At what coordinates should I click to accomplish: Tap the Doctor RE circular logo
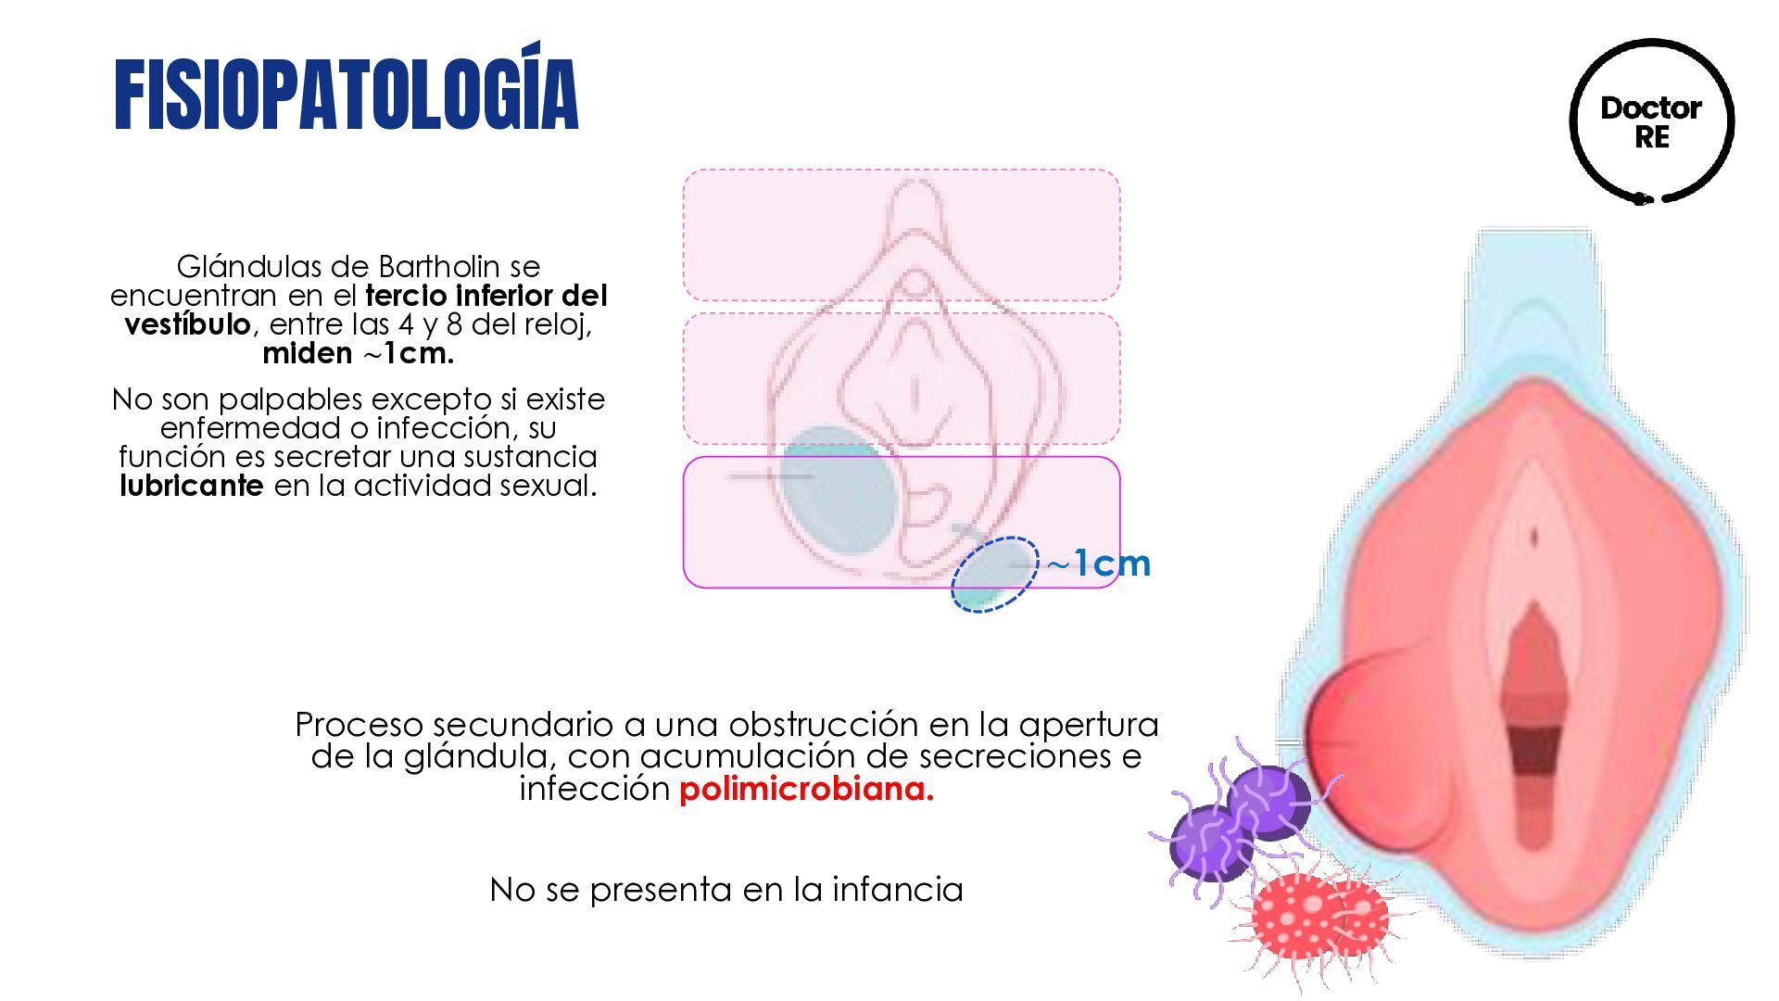point(1651,121)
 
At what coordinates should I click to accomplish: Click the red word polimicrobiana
point(806,790)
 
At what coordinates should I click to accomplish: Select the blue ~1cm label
point(1099,564)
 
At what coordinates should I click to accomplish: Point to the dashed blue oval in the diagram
point(994,574)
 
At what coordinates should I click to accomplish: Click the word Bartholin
point(440,267)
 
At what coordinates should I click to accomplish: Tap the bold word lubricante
point(192,486)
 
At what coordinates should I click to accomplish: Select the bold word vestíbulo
point(187,324)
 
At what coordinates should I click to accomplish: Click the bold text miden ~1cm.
point(358,353)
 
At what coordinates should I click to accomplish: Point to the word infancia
point(897,890)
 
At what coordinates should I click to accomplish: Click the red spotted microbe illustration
point(1316,918)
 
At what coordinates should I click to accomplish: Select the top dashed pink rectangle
point(901,234)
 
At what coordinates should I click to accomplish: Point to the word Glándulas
point(249,267)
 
